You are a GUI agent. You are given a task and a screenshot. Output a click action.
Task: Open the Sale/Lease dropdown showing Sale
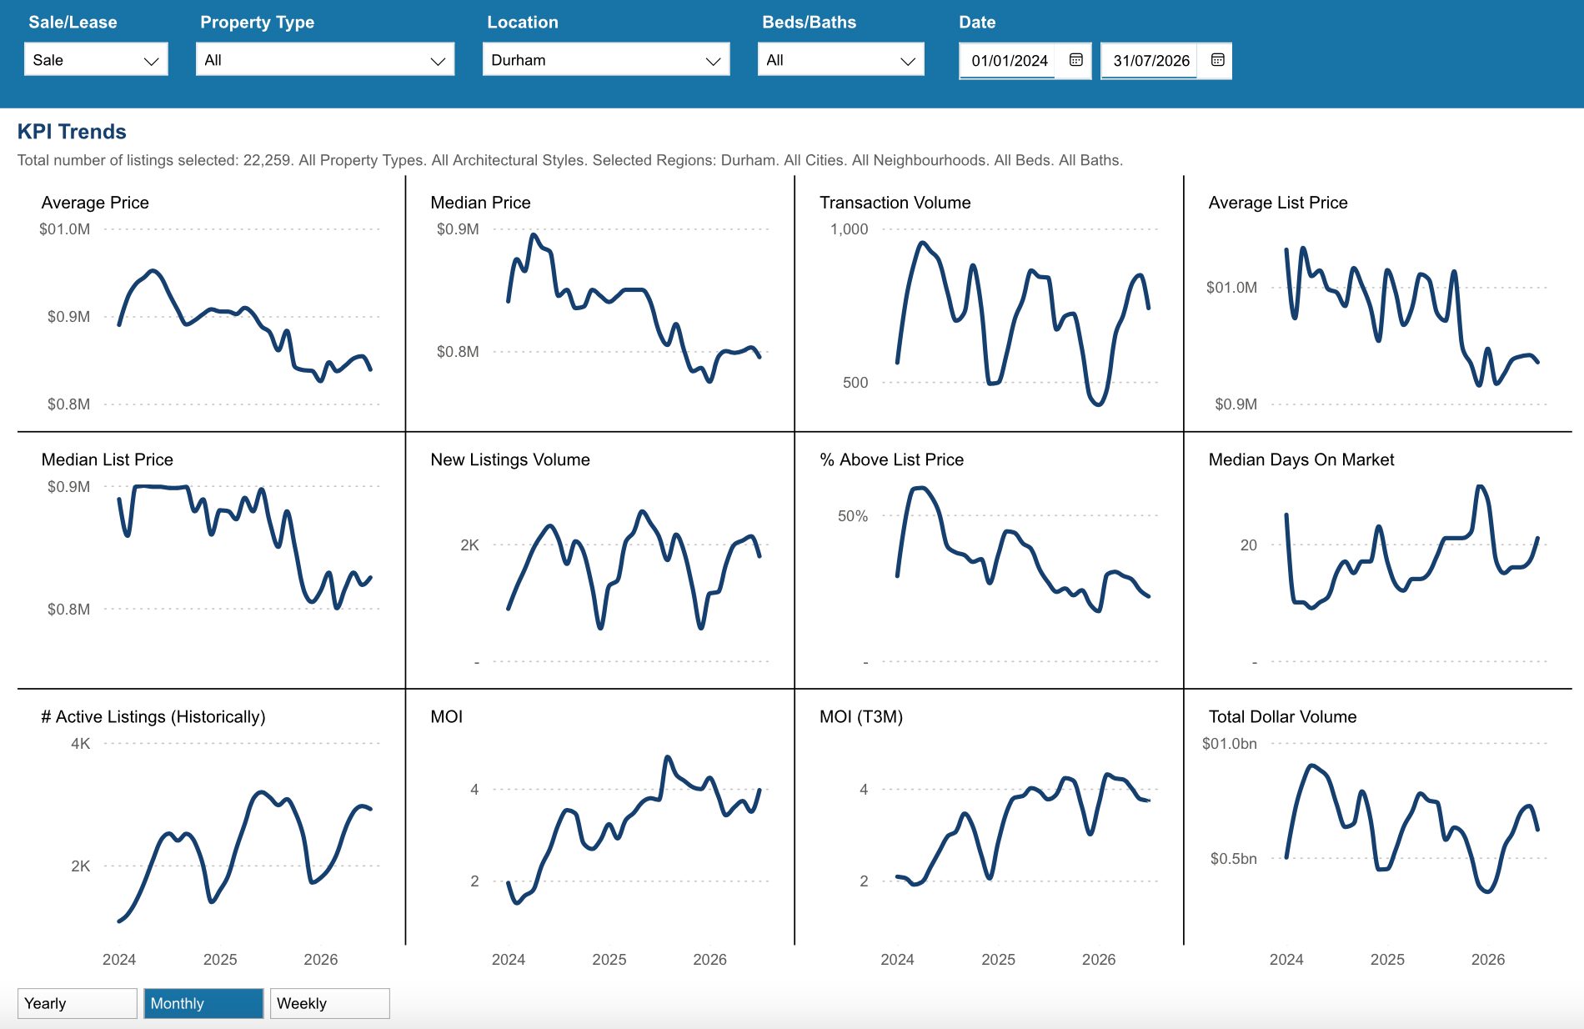96,60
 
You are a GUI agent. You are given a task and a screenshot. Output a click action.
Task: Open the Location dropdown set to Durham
606,60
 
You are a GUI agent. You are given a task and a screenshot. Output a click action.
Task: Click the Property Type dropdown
325,60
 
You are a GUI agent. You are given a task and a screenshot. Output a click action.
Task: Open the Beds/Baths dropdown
841,60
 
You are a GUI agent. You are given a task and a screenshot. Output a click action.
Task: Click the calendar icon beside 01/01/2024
1076,60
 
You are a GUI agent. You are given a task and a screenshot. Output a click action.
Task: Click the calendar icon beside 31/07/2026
1218,60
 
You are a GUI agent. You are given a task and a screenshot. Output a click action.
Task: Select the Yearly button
78,1003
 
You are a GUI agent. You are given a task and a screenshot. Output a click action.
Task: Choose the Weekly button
329,1003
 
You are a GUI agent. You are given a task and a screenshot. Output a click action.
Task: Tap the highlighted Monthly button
203,1003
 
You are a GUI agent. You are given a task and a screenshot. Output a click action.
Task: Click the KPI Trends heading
72,132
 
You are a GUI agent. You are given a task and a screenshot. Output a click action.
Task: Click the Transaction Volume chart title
895,203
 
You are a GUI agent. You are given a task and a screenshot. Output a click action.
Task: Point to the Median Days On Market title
1301,459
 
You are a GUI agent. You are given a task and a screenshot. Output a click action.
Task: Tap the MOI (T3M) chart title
861,716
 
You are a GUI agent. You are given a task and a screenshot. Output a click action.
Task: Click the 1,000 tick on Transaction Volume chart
849,229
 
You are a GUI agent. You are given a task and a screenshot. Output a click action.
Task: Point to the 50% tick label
853,516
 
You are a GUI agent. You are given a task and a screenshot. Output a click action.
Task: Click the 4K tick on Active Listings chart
80,743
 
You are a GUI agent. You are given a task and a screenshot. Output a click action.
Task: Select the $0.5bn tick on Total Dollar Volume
1233,858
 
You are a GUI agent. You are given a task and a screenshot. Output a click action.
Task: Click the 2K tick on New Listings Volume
469,545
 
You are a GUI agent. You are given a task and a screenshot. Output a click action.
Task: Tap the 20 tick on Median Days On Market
1248,545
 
